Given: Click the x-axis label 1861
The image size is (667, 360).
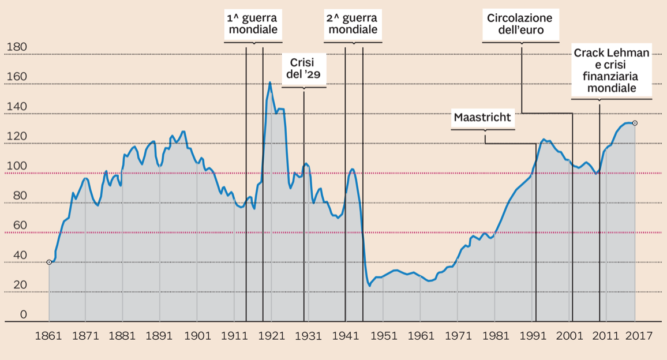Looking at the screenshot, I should point(48,336).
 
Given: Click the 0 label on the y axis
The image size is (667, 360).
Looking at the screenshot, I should point(23,314).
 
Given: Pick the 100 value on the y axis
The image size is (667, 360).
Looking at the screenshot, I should point(16,166).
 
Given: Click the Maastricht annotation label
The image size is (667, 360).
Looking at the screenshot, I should point(482,118).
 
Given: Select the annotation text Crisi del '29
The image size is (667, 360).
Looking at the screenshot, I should point(303,68).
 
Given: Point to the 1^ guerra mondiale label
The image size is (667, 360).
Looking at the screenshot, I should point(253,24).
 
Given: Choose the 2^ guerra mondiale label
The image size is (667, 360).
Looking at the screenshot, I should point(353,24).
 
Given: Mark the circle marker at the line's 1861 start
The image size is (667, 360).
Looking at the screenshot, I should point(49,262).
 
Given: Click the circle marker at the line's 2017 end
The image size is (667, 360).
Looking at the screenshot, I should point(635,123).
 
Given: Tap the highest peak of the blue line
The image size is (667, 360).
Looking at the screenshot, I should point(270,82).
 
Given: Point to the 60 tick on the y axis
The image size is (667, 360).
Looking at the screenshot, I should point(19,226).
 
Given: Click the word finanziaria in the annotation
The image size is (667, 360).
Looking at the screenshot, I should point(611,76).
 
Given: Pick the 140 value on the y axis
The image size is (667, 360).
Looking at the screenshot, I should point(16,107).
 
